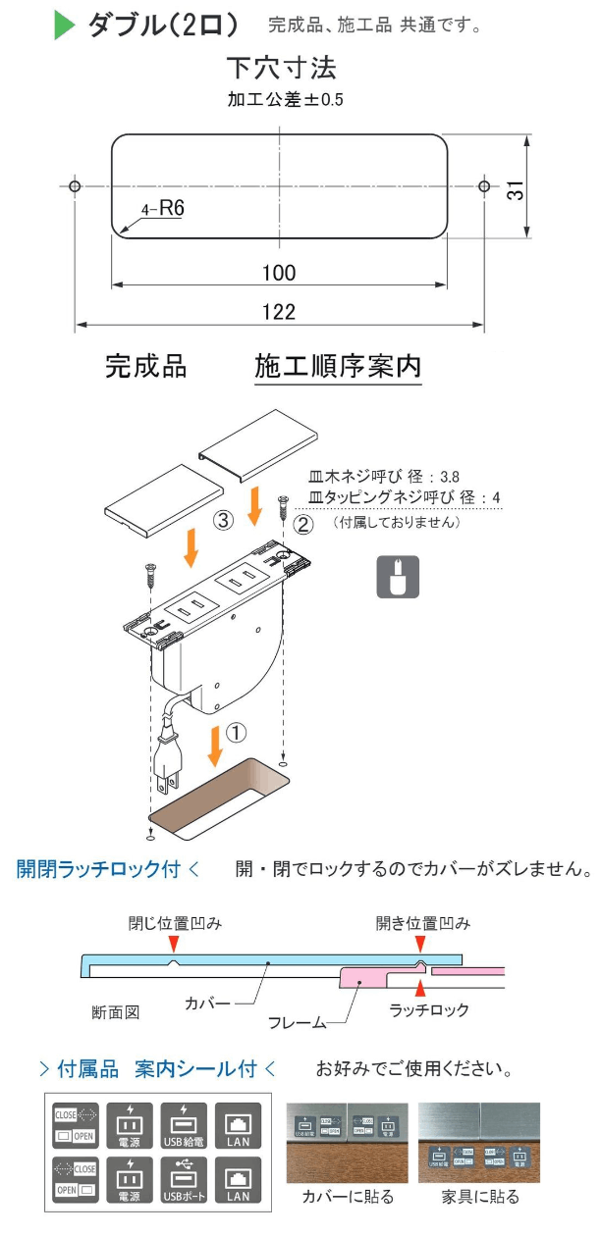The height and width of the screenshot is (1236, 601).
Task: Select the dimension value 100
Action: point(280,273)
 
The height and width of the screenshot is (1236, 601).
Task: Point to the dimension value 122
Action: point(280,312)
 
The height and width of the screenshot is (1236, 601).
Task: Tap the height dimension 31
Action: point(514,187)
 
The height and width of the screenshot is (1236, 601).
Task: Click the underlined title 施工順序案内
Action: point(338,367)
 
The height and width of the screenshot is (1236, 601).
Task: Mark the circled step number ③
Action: point(223,521)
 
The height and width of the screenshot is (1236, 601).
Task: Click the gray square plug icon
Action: point(399,577)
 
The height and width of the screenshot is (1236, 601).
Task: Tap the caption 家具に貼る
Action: point(480,1197)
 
